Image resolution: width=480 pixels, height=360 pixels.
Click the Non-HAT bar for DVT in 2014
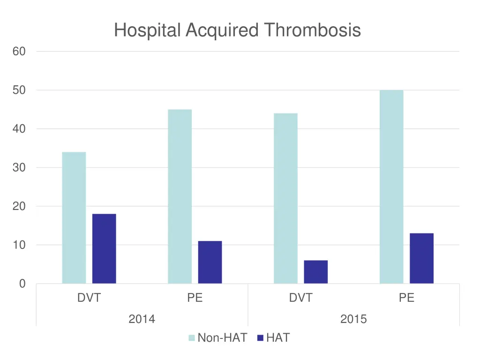(74, 217)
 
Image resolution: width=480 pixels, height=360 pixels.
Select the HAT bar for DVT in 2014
(104, 248)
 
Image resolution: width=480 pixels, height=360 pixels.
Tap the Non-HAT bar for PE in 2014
(180, 196)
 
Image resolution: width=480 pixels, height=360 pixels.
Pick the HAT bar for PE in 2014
(210, 262)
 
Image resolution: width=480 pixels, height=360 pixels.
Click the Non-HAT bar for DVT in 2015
(285, 198)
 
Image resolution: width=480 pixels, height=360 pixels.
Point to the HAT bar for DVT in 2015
(316, 272)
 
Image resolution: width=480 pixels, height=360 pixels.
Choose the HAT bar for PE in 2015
(421, 258)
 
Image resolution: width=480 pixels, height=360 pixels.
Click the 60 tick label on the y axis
(19, 52)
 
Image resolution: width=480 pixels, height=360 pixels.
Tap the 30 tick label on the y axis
(19, 168)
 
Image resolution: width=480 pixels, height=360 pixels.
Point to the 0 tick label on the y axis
(22, 284)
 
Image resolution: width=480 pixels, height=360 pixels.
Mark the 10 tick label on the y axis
(19, 245)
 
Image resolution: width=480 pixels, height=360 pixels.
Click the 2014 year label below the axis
(142, 320)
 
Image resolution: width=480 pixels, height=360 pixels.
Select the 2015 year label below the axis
(353, 320)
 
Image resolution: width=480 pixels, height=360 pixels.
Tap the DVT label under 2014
(89, 298)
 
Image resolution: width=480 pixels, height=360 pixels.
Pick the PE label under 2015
(406, 298)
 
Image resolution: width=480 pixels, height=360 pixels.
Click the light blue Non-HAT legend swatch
(192, 337)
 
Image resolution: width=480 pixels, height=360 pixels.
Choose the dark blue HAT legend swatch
(261, 337)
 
